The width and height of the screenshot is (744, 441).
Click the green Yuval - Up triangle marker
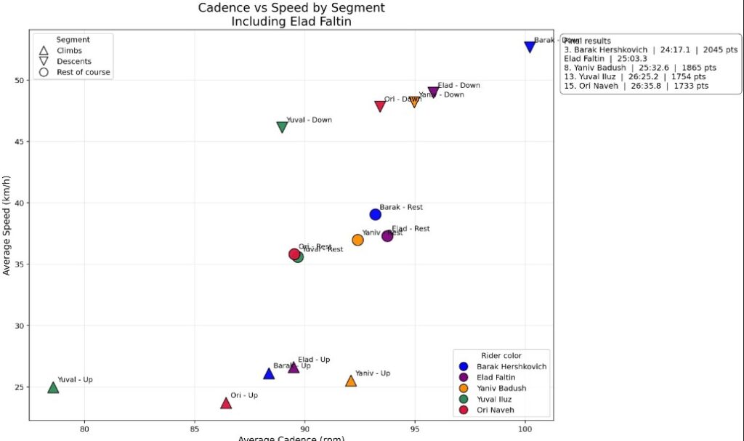(x=53, y=387)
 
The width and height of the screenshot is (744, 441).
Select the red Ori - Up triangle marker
(x=226, y=402)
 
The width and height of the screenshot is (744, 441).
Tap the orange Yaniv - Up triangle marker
(x=351, y=381)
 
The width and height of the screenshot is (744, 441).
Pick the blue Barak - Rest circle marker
(x=375, y=214)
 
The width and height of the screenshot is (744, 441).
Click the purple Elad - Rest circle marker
(x=387, y=235)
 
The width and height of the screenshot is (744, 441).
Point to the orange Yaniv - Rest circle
(x=357, y=240)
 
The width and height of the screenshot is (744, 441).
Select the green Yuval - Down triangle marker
(x=282, y=127)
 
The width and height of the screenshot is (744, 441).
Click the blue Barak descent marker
(x=530, y=46)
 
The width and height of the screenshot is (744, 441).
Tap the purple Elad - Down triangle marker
(x=434, y=92)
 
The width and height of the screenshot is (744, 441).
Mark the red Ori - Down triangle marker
(x=380, y=106)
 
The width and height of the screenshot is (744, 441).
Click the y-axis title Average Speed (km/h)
(x=7, y=225)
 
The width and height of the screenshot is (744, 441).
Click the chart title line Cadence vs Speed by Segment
(x=291, y=8)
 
